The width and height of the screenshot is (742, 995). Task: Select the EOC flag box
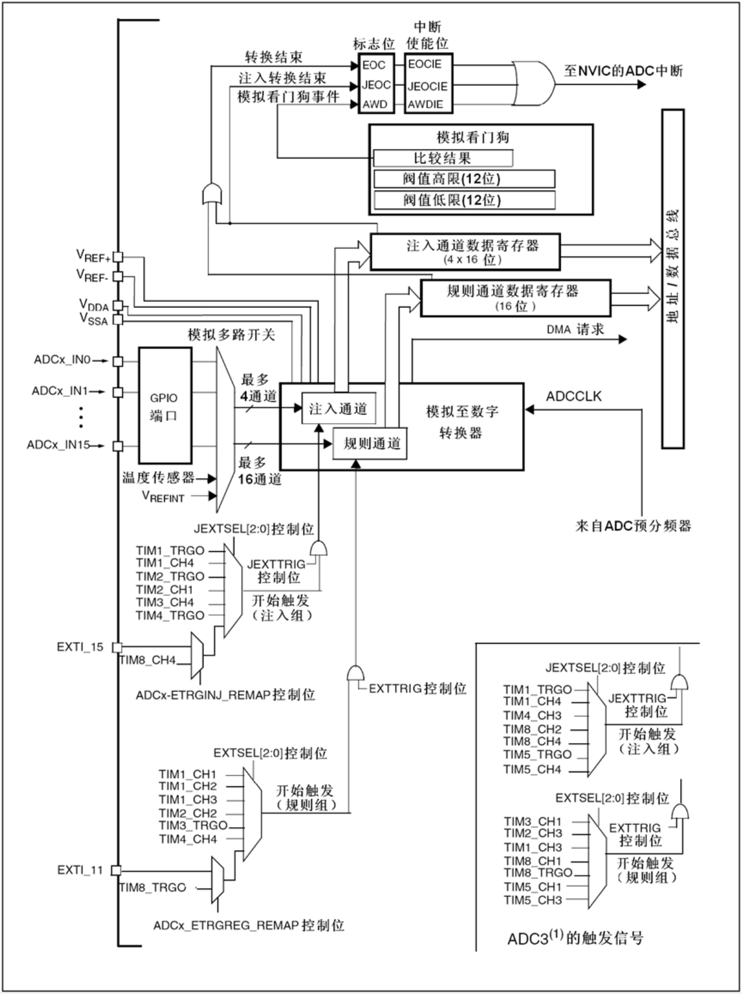click(374, 65)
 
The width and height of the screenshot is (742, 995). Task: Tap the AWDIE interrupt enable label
click(426, 105)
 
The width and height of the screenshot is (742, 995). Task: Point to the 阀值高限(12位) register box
click(464, 179)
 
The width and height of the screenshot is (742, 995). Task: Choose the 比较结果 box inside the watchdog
click(443, 158)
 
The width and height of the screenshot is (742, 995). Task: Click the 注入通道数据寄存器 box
click(465, 251)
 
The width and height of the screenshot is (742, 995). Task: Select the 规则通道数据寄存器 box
click(515, 298)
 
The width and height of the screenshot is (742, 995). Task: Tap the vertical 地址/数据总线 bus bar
click(672, 279)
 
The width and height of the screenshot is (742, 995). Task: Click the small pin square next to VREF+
click(118, 257)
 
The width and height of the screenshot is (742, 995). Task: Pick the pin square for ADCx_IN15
click(118, 446)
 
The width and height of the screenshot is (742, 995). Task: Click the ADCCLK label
click(574, 396)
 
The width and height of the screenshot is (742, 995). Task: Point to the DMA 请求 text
click(575, 330)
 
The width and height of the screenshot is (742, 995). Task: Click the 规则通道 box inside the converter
click(371, 444)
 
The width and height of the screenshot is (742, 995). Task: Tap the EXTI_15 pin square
click(118, 648)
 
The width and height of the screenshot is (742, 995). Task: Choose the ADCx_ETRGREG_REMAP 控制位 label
click(249, 925)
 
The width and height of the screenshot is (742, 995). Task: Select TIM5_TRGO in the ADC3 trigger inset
click(537, 755)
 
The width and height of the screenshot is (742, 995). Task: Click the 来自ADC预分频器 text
click(633, 526)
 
